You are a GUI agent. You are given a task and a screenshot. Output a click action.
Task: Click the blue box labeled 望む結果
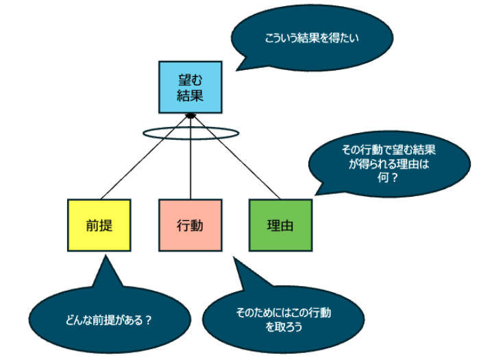[190, 87]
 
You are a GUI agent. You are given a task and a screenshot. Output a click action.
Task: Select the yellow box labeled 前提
[99, 225]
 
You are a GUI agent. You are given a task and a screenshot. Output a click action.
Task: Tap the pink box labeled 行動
[190, 225]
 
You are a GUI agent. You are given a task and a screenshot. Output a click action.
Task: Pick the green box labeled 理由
[280, 225]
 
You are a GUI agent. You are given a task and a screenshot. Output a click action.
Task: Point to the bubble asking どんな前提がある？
[109, 320]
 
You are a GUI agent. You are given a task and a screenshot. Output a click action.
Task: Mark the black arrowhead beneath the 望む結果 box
[190, 115]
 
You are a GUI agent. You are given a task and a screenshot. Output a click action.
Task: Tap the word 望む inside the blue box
[190, 80]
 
